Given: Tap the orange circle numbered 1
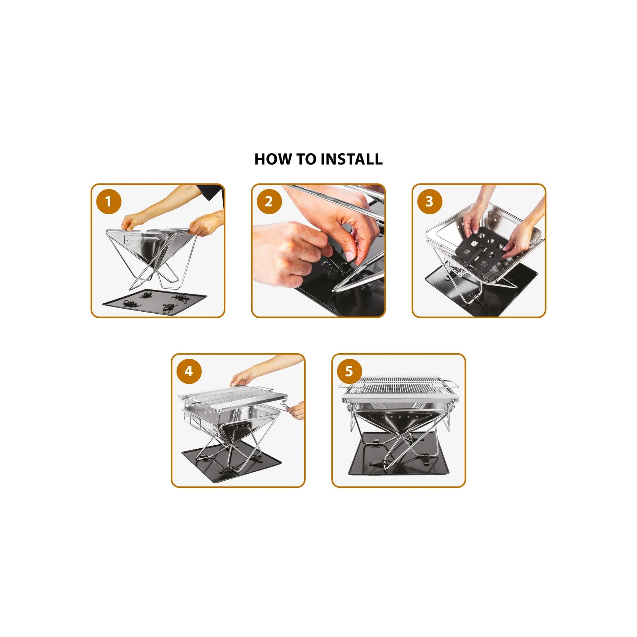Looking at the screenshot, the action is [108, 201].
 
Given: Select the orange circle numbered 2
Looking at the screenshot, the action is [269, 201].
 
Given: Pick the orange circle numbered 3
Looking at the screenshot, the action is [430, 201].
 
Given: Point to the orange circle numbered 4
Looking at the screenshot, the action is [189, 371].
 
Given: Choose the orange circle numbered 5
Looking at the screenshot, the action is [349, 371].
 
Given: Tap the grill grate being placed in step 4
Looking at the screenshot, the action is [233, 398].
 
